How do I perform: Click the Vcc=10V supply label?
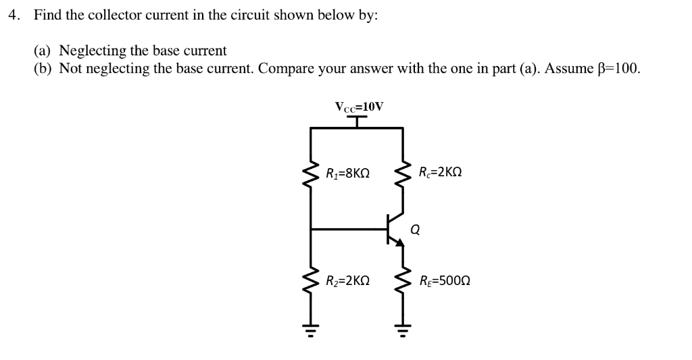(x=358, y=106)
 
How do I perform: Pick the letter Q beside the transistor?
(x=415, y=230)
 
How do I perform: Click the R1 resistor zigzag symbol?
(x=311, y=174)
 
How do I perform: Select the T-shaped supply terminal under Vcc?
(x=358, y=120)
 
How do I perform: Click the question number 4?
(x=13, y=16)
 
